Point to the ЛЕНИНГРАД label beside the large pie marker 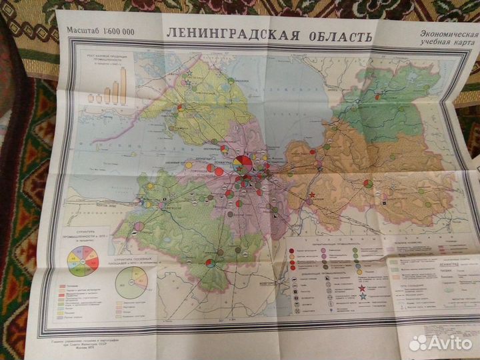coord(223,161)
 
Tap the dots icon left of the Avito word coord(419,342)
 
